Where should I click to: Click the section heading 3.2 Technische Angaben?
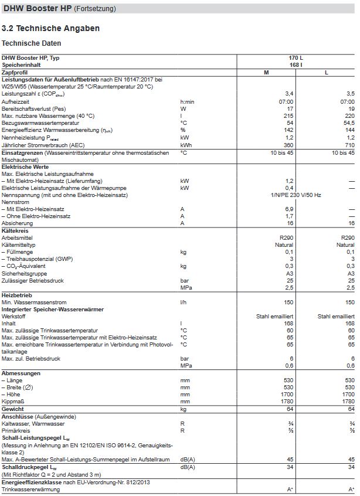pos(51,28)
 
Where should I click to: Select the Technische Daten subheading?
pos(31,43)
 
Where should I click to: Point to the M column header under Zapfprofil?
pos(267,72)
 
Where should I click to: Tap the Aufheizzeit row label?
pos(16,101)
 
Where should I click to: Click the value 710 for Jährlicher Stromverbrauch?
pos(349,144)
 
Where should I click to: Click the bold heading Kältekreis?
pos(15,230)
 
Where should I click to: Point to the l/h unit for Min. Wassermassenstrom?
pos(184,301)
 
